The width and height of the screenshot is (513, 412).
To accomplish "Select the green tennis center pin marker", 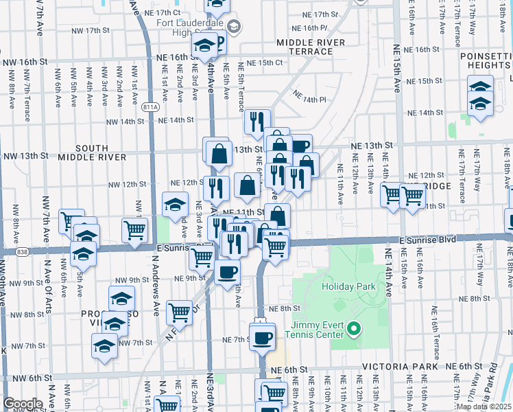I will (354, 330).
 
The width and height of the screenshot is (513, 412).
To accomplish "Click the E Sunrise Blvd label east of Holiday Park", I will (428, 240).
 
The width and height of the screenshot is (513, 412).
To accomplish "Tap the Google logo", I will (22, 403).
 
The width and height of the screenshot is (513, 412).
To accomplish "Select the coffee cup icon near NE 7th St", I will (262, 337).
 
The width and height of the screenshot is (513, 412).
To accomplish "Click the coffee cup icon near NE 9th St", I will (227, 271).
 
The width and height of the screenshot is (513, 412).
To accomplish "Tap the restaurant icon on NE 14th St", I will (257, 122).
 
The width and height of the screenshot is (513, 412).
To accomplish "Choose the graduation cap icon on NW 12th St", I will (175, 204).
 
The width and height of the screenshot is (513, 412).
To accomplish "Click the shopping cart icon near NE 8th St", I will (179, 312).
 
